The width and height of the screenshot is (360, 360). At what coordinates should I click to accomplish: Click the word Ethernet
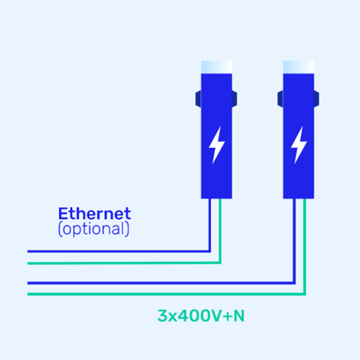click(x=94, y=213)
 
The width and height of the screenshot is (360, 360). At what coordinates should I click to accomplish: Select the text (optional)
click(x=93, y=229)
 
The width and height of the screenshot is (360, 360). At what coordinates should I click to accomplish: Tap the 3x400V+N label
click(x=201, y=316)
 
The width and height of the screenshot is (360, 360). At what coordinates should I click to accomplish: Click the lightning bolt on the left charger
click(x=216, y=145)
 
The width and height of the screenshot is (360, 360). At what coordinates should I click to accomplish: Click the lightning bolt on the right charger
click(x=298, y=145)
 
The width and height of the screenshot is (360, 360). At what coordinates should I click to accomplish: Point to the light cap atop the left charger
click(x=216, y=67)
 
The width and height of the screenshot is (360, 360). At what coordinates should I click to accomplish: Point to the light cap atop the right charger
click(x=298, y=67)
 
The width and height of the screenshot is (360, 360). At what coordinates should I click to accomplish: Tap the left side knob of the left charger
click(x=198, y=99)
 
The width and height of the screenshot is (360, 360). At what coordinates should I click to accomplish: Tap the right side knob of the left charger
click(x=235, y=99)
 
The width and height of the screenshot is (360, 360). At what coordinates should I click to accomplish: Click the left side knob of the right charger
click(x=280, y=99)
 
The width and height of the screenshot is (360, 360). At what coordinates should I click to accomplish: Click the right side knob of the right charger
click(x=317, y=99)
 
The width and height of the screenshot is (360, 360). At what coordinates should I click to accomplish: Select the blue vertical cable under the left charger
click(x=210, y=225)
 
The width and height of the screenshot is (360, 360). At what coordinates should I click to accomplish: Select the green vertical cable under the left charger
click(x=220, y=231)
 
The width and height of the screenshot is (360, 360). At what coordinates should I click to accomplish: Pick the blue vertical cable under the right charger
click(x=294, y=241)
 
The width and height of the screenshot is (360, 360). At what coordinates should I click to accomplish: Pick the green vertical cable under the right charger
click(x=305, y=246)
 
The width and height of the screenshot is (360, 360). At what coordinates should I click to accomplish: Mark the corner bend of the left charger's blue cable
click(x=210, y=251)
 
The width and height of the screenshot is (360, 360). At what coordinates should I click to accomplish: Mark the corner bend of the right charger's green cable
click(x=305, y=294)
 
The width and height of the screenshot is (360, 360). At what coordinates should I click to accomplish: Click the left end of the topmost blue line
click(x=28, y=251)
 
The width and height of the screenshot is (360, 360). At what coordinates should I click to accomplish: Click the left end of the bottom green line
click(x=28, y=294)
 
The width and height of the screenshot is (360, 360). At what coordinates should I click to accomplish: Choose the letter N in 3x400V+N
click(x=239, y=316)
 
